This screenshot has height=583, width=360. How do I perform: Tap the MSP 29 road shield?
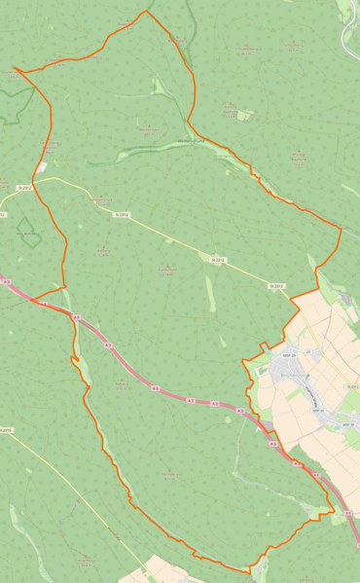(290, 355)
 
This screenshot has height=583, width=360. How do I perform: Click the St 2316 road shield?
(7, 429)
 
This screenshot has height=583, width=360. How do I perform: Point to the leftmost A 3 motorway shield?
(7, 281)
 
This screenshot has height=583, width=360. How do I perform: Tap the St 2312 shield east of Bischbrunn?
(352, 386)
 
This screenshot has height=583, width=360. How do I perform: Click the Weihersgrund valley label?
(194, 141)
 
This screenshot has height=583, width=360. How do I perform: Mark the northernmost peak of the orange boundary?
(147, 11)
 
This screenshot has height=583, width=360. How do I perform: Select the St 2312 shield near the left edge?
(25, 187)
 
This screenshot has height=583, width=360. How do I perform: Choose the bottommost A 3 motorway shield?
(347, 512)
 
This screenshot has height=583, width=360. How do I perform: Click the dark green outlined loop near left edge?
(29, 232)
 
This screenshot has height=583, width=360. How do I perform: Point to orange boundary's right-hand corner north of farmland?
(341, 229)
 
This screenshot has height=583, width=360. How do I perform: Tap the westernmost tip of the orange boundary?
(14, 70)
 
